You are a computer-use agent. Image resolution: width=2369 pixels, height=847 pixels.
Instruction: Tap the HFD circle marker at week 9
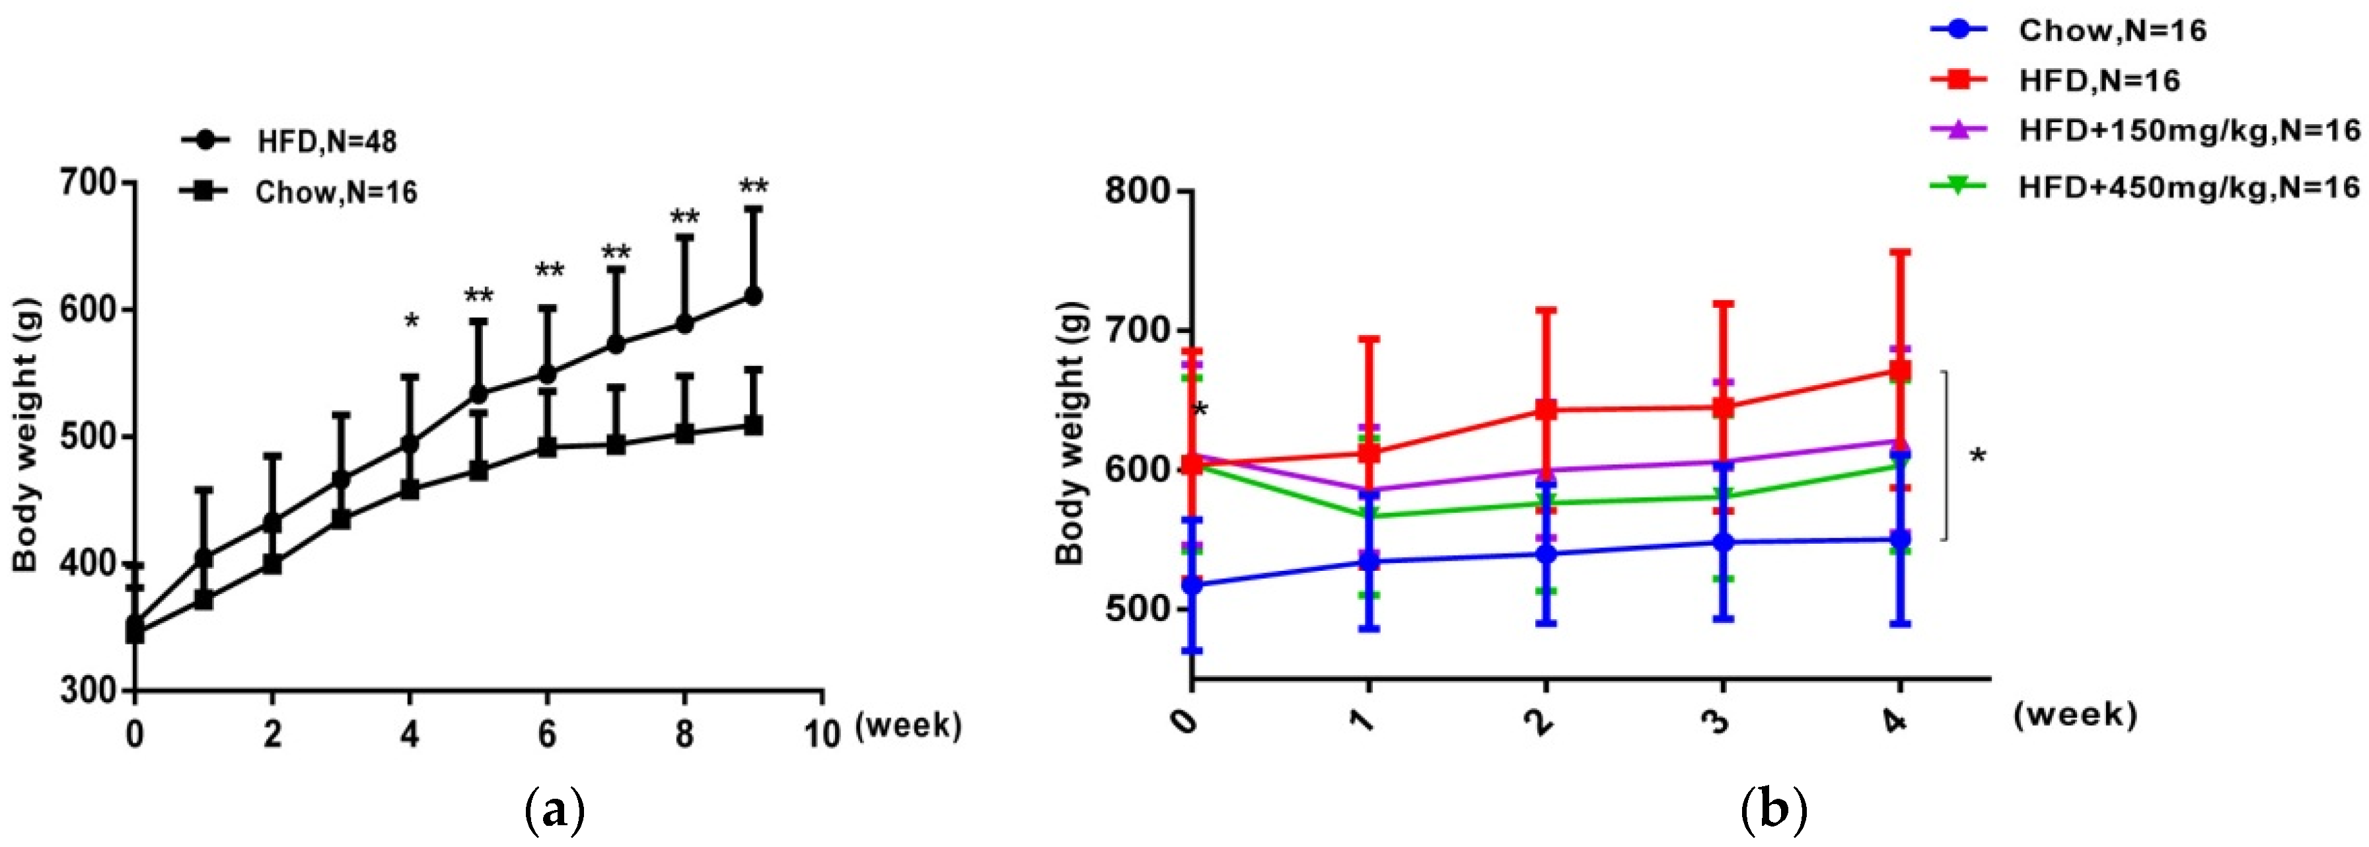pos(753,296)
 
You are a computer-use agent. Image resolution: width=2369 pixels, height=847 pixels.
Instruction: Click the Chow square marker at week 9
pos(753,425)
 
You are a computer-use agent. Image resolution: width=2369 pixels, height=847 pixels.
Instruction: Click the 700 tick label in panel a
pos(89,183)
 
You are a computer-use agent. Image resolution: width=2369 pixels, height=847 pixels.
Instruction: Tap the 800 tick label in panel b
pos(1138,192)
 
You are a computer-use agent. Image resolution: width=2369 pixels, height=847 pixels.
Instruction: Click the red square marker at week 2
pos(1547,409)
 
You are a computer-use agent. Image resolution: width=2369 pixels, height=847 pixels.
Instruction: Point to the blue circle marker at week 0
pos(1193,585)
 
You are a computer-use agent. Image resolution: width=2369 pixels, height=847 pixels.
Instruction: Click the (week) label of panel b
pos(2075,714)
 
